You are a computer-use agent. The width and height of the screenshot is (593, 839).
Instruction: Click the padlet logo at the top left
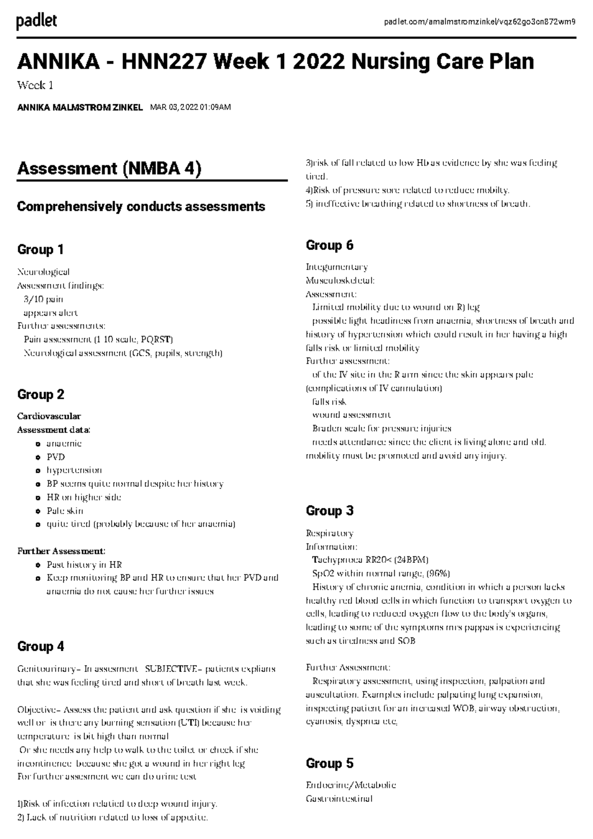tap(37, 21)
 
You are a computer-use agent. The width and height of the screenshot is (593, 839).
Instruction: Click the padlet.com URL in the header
tap(479, 22)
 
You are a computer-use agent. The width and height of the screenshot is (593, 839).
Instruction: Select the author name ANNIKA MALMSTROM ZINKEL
tap(80, 107)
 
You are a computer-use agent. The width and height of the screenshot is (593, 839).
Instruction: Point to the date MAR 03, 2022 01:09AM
tap(190, 107)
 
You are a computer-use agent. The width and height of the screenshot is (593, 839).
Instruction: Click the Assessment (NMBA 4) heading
tap(109, 168)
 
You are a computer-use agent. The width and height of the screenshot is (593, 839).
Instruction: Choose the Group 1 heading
tap(41, 250)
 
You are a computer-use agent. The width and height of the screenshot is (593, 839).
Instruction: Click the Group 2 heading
tap(41, 394)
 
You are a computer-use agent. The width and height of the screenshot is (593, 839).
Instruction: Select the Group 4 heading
tap(41, 646)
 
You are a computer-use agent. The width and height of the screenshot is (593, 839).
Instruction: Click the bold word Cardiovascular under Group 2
tap(49, 416)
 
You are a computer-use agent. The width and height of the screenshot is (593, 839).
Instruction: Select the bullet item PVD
tap(55, 457)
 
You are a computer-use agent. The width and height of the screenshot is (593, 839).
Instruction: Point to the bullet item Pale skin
tap(65, 511)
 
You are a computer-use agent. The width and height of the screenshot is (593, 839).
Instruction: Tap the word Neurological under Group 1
tap(43, 272)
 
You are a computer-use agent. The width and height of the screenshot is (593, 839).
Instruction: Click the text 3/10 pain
tap(43, 299)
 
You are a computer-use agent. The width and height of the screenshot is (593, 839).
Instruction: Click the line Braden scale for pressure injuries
tap(381, 428)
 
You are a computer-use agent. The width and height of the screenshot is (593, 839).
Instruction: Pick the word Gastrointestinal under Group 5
tap(339, 798)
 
